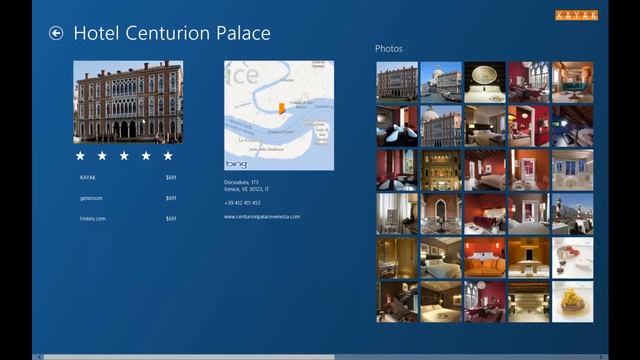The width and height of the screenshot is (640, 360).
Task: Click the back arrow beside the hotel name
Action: (56, 33)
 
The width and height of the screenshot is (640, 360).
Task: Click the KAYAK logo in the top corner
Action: (577, 15)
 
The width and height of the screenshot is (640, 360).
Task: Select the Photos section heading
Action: (389, 48)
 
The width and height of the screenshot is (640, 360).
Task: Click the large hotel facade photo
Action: (128, 102)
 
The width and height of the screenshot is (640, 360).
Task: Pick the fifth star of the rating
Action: (168, 156)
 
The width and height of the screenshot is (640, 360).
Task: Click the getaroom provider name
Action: (91, 198)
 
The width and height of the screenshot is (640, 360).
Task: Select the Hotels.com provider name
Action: (92, 218)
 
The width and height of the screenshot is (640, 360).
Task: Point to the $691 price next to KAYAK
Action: (171, 178)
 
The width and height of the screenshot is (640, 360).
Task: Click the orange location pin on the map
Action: (281, 108)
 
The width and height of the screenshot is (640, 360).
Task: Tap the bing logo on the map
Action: (236, 163)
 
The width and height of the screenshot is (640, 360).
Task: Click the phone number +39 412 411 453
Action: (242, 203)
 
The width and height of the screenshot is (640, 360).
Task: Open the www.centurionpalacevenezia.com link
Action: (261, 217)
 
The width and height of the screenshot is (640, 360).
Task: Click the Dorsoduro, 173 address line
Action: (240, 182)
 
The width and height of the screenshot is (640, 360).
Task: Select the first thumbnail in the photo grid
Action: (397, 83)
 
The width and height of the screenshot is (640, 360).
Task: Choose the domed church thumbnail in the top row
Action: (440, 83)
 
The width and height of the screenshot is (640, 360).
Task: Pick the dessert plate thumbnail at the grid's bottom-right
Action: (572, 301)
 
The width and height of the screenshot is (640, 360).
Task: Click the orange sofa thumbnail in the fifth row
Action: (484, 258)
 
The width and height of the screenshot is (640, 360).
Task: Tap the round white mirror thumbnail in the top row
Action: (484, 83)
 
